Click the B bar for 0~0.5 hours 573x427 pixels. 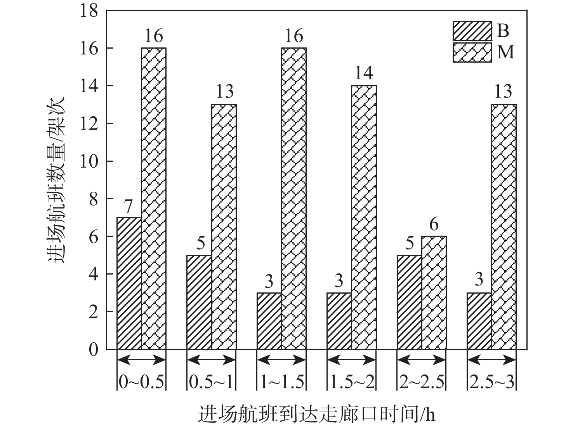129,283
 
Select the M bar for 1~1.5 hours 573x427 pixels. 294,199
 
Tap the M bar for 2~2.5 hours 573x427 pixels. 434,293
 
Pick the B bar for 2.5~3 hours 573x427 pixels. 479,321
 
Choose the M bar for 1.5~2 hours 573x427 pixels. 364,217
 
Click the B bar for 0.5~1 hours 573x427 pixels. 199,302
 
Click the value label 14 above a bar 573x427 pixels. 364,73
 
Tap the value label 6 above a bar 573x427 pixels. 434,224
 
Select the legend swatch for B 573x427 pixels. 472,31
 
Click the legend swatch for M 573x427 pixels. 472,52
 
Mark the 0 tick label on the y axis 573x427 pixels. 93,350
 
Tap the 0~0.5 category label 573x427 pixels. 141,383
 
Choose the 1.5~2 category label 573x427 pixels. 352,383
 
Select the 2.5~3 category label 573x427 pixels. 491,383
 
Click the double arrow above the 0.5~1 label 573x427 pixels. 211,360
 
